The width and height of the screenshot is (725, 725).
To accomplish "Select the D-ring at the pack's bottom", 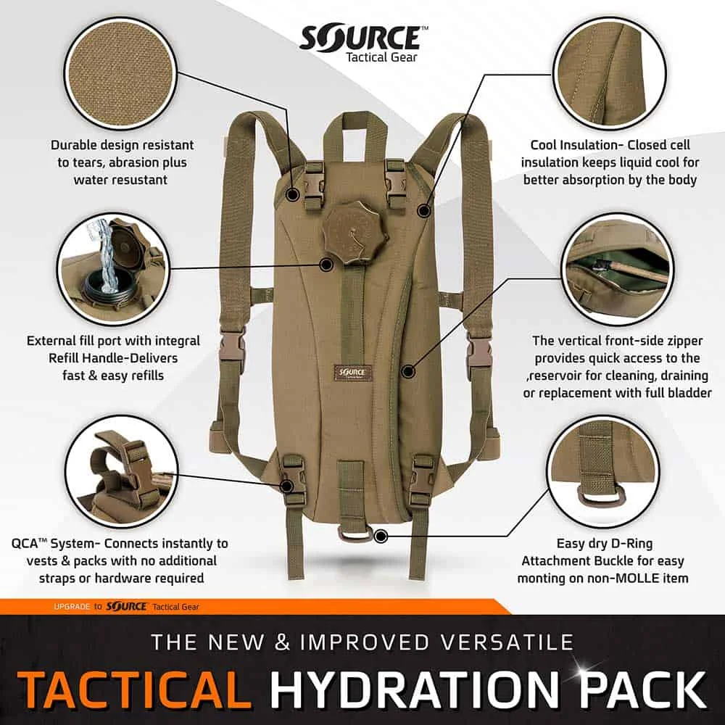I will pos(357,534).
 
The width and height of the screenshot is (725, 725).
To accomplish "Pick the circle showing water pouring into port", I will pos(115,269).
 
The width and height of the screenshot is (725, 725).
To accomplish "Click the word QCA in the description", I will pos(27,543).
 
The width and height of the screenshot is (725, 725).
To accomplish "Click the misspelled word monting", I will pos(543,578).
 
